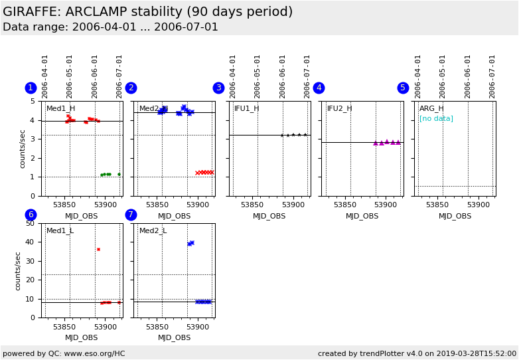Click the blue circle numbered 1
[x=31, y=88]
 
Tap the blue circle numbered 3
[x=218, y=88]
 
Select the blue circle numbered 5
[x=403, y=88]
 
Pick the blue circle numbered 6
[x=31, y=215]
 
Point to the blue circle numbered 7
[x=131, y=215]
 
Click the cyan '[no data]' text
[x=436, y=118]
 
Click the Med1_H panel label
[x=60, y=108]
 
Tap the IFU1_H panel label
[x=247, y=108]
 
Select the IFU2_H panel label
[x=339, y=108]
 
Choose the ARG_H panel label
[x=431, y=108]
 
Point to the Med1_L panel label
[x=60, y=230]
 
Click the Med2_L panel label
[x=153, y=230]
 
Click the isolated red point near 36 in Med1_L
[x=98, y=249]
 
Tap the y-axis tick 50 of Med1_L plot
[x=30, y=223]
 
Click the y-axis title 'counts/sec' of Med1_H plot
[x=22, y=148]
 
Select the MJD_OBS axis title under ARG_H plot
[x=455, y=216]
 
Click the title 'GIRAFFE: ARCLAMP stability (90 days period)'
[x=147, y=12]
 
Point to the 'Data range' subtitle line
[x=110, y=27]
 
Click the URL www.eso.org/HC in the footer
[x=95, y=353]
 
